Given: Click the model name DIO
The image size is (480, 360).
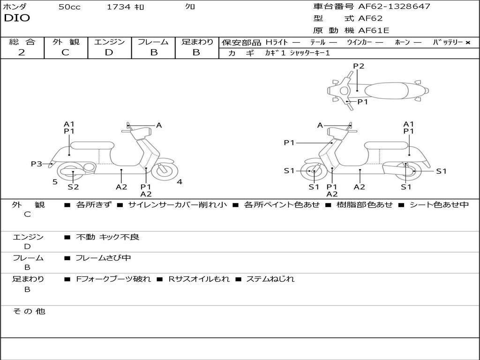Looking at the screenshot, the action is point(17,18).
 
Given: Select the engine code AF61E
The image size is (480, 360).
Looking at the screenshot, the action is point(374,31).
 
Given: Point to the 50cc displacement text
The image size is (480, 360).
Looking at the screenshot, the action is point(69,7).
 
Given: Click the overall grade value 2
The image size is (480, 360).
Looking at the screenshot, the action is point(22,52).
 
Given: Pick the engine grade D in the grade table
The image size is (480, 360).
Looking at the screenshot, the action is point(109,52).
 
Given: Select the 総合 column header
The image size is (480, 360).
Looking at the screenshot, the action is point(22,42).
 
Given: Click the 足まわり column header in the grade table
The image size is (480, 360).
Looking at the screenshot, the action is point(197,42).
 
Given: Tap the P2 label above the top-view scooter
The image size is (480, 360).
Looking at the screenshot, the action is point(359,66).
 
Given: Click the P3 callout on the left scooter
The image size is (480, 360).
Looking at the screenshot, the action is point(37,164).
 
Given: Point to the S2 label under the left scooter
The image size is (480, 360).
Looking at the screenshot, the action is point(73,187).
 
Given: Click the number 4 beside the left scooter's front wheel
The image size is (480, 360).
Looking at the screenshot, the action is point(180,182).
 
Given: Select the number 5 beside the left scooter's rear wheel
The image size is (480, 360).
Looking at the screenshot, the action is point(55,182).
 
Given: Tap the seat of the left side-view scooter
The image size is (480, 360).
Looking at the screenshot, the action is point(92,145).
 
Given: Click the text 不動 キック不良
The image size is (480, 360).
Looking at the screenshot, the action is point(108,237).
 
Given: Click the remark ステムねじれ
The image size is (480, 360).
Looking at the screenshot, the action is point(270,279).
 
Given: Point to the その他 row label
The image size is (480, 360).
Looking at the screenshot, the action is point(29,311).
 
